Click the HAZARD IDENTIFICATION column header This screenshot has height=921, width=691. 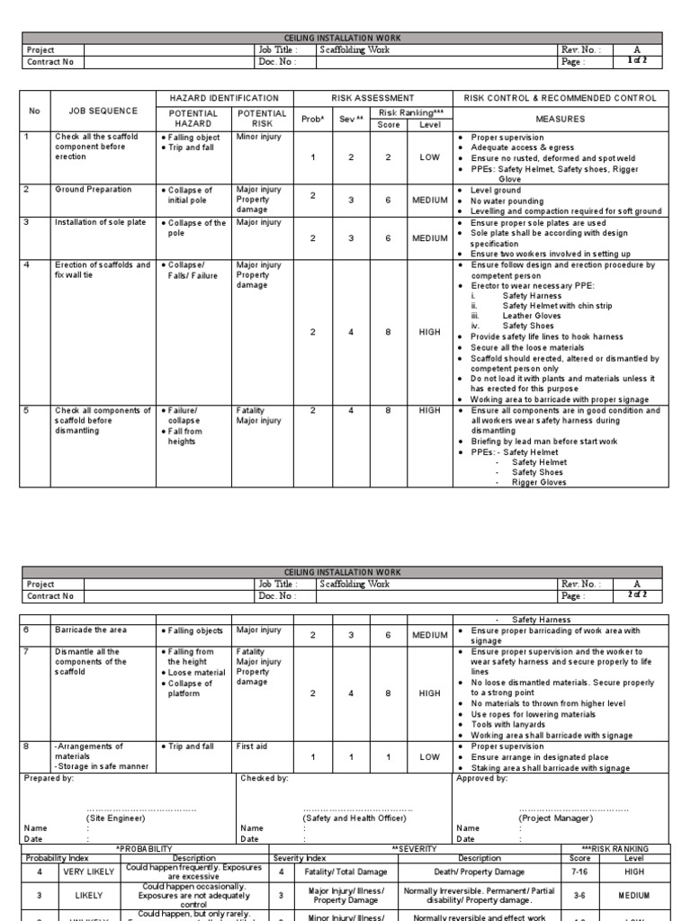pos(224,98)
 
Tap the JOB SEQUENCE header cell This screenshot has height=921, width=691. pos(103,111)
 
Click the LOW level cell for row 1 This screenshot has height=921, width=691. pos(429,156)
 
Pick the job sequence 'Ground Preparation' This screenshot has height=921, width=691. pos(93,190)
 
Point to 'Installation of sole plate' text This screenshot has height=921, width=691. pos(100,222)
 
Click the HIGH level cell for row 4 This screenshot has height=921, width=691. pos(429,332)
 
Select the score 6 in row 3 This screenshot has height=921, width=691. pos(388,238)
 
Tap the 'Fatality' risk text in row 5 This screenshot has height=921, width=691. pos(250,411)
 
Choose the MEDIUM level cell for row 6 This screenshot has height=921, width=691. pos(429,635)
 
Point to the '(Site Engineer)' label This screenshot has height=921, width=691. pos(118,818)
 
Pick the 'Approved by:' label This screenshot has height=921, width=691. pos(482,778)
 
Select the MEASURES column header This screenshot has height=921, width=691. pos(560,118)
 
